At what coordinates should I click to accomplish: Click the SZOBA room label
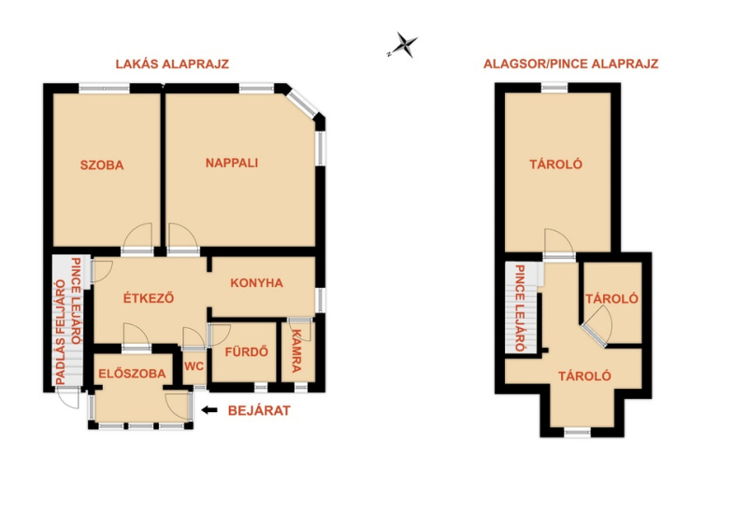[x=102, y=165]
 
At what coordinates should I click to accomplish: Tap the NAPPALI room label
[x=232, y=164]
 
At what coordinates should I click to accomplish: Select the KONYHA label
[x=256, y=283]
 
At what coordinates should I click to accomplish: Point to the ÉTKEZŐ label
[x=149, y=298]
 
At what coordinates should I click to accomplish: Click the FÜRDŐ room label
[x=247, y=352]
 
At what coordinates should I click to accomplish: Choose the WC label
[x=194, y=366]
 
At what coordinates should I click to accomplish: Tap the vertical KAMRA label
[x=296, y=350]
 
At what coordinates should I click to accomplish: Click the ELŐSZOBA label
[x=132, y=374]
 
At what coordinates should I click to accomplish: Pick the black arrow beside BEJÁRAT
[x=209, y=410]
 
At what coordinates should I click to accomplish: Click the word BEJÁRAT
[x=259, y=410]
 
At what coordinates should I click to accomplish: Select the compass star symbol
[x=404, y=45]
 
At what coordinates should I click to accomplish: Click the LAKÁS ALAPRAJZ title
[x=172, y=64]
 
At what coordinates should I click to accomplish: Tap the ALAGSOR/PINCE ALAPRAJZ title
[x=571, y=64]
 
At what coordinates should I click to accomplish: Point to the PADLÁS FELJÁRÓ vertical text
[x=61, y=332]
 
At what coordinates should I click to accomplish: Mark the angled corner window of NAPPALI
[x=302, y=104]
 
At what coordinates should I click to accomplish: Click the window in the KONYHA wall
[x=321, y=300]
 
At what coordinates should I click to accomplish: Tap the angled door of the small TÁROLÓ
[x=597, y=328]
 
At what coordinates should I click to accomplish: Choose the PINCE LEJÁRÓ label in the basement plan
[x=520, y=308]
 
